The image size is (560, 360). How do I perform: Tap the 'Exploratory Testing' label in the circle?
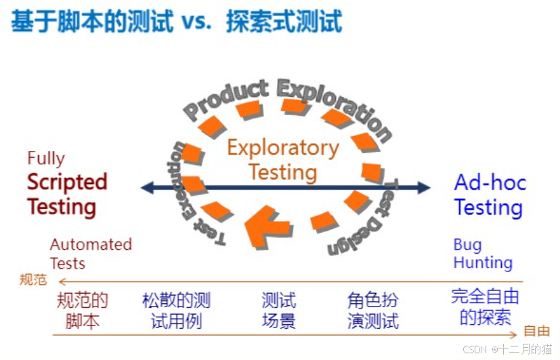pyautogui.click(x=283, y=160)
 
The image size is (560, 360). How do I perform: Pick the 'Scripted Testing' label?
pyautogui.click(x=66, y=194)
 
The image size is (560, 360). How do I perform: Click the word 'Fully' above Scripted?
pyautogui.click(x=46, y=158)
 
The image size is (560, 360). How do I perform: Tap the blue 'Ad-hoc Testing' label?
pyautogui.click(x=490, y=195)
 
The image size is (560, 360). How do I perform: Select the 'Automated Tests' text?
pyautogui.click(x=91, y=253)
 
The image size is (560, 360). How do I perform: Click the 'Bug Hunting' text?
pyautogui.click(x=482, y=253)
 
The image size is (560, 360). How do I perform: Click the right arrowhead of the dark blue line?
pyautogui.click(x=424, y=187)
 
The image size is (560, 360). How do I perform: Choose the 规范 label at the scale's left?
pyautogui.click(x=33, y=279)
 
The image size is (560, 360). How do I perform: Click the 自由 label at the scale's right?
pyautogui.click(x=536, y=331)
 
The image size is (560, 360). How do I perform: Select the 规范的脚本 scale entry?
pyautogui.click(x=83, y=310)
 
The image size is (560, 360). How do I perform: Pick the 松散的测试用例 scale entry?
pyautogui.click(x=176, y=310)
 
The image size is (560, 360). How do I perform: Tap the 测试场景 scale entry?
pyautogui.click(x=278, y=310)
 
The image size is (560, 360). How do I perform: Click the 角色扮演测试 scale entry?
pyautogui.click(x=372, y=310)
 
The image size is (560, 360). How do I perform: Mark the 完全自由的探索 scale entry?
pyautogui.click(x=485, y=307)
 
